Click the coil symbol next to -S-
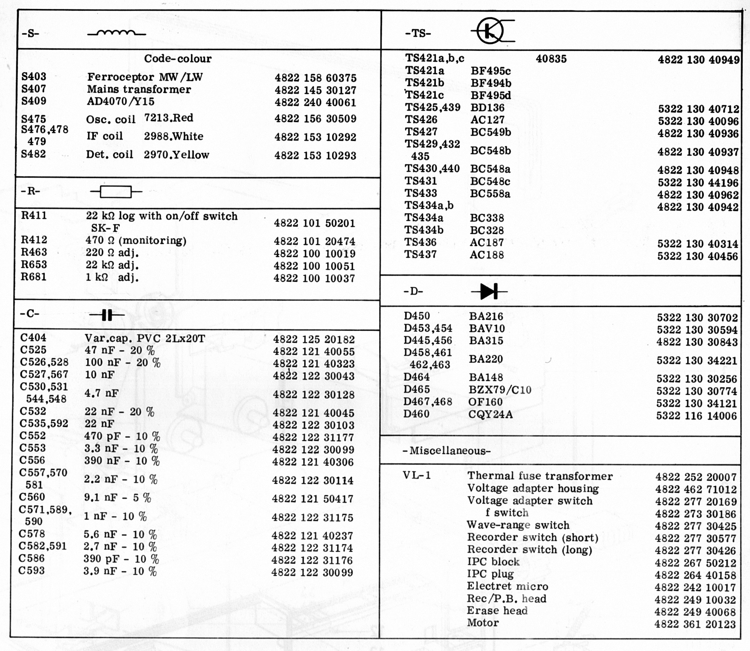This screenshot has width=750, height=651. point(116,33)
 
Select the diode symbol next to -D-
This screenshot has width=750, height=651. point(489,291)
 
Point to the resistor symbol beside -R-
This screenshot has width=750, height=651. point(116,191)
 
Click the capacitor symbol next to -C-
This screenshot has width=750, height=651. point(107,315)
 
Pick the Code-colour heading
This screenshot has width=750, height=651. point(178,58)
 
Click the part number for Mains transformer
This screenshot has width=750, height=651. point(315,90)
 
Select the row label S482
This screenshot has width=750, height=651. point(33,154)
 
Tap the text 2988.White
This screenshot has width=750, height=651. point(173,136)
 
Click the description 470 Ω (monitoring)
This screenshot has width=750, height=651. point(136,241)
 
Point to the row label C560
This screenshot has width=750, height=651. point(32,497)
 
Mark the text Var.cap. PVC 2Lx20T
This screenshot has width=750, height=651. point(145,338)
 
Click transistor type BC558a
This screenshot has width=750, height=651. point(490,193)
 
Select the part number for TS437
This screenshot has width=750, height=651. point(697,256)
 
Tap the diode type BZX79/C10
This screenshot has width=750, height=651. point(500,390)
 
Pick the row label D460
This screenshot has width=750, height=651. point(416,414)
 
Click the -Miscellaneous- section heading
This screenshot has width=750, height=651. point(447,451)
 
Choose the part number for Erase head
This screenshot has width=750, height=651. point(695,612)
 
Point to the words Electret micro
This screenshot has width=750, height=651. point(507,586)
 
